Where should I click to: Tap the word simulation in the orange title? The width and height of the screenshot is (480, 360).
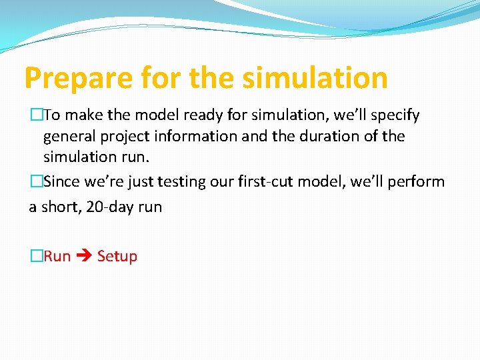coord(315,77)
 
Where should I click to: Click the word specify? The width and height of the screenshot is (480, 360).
coord(395,115)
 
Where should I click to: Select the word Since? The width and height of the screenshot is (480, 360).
coord(62,182)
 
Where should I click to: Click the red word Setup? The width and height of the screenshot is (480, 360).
coord(117,256)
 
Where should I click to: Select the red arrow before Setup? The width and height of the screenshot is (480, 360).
coord(84,257)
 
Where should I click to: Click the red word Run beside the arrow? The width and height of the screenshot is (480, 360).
coord(57,256)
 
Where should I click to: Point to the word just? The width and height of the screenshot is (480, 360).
coord(142,182)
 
